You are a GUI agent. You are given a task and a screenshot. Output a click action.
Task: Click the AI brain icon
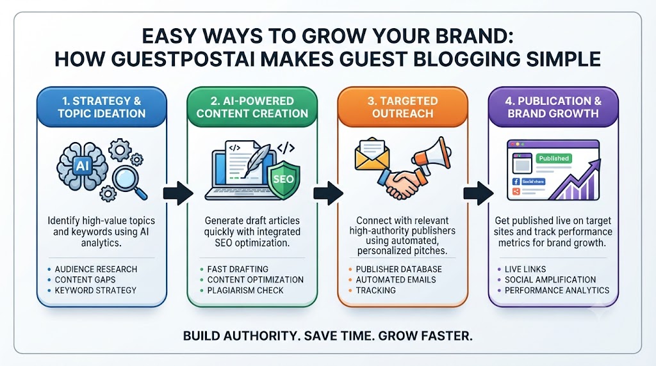(82, 166)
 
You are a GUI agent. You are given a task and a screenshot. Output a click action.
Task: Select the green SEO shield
(284, 180)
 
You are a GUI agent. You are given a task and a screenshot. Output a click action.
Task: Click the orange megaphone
(432, 154)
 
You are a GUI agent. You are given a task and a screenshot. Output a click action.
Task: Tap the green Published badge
(553, 158)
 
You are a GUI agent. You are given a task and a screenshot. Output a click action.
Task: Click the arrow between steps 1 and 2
(178, 193)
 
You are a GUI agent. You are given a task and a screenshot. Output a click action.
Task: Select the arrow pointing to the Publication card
(479, 193)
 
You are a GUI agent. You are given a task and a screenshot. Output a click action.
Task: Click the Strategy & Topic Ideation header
(102, 107)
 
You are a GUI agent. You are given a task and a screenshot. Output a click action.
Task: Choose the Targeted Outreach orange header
(402, 107)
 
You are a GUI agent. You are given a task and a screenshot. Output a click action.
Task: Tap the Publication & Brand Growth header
(553, 107)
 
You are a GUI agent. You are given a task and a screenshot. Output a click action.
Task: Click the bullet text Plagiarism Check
(245, 290)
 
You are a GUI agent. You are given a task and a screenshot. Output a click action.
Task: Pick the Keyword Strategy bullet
(95, 290)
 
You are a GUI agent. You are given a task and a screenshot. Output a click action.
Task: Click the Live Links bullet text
(525, 269)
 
